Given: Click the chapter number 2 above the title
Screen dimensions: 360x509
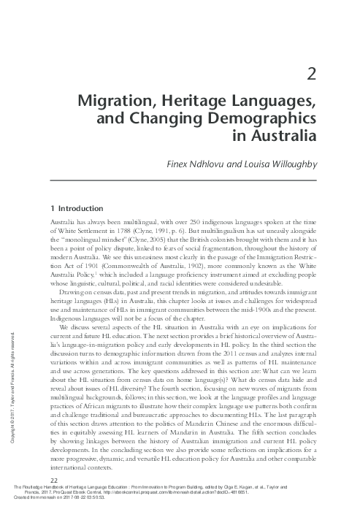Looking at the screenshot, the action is tap(311, 74).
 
